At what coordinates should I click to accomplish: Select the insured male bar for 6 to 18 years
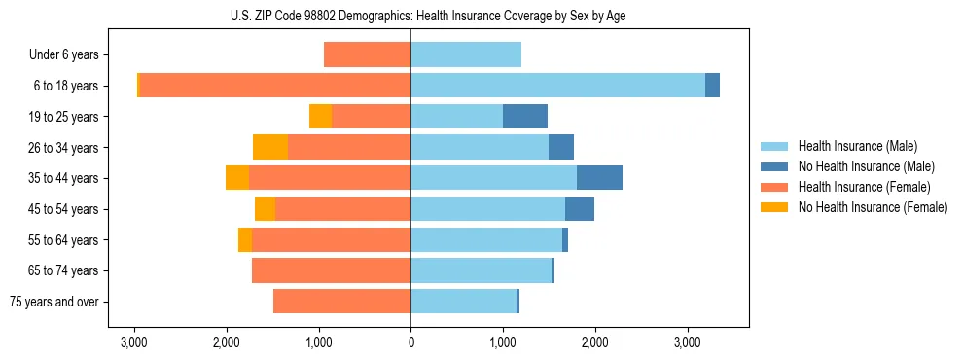(557, 86)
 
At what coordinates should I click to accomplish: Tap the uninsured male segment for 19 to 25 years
(525, 117)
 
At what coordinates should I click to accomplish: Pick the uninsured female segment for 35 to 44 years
(237, 178)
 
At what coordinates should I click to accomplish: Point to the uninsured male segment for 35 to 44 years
(599, 178)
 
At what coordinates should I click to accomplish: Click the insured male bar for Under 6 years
(466, 54)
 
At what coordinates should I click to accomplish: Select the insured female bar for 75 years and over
(342, 302)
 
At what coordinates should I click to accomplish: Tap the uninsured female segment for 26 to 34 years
(270, 147)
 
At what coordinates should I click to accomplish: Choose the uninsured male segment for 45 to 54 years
(580, 209)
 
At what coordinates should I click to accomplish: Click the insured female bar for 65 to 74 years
(332, 270)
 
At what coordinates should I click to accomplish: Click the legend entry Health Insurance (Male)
(858, 146)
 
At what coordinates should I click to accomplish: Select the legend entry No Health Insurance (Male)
(866, 166)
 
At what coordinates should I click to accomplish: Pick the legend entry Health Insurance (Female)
(864, 187)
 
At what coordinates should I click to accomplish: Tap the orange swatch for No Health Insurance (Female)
(774, 207)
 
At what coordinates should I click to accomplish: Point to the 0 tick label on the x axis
(410, 342)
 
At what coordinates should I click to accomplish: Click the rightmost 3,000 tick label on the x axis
(688, 342)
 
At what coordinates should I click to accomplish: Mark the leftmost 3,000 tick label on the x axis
(134, 342)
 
